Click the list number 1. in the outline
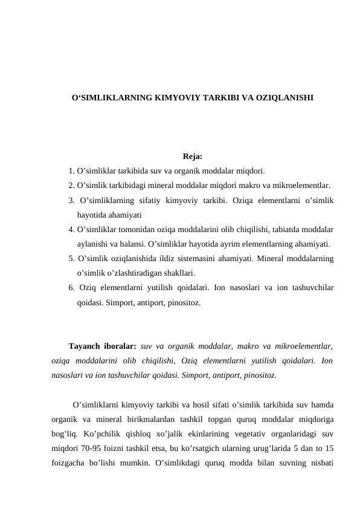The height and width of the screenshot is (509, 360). (x=72, y=170)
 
